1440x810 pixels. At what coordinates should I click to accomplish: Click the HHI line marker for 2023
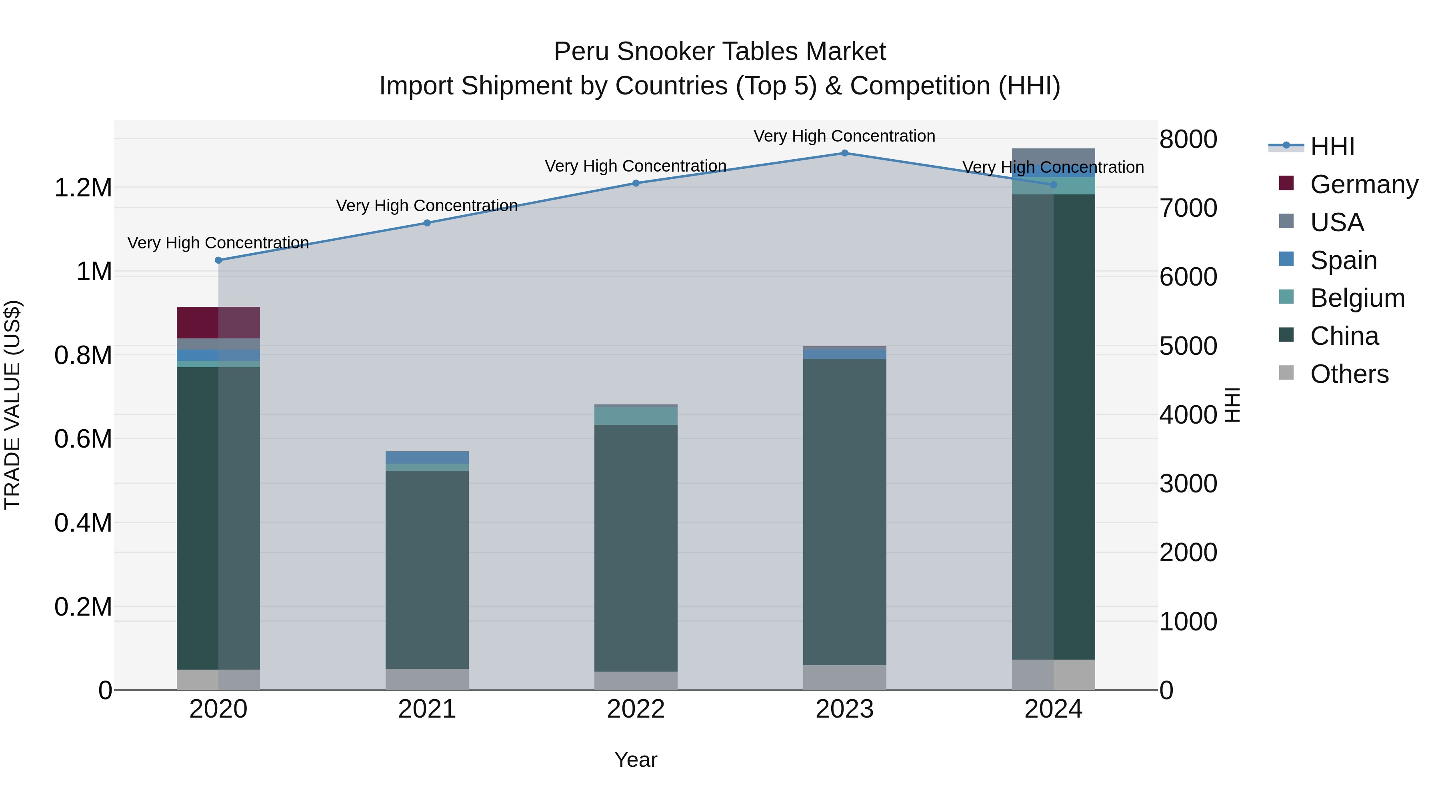[x=845, y=153]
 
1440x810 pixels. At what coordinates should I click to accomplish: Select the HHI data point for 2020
[x=218, y=260]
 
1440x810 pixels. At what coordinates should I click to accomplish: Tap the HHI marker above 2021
[x=427, y=223]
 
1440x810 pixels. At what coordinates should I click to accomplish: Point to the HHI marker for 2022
[x=636, y=183]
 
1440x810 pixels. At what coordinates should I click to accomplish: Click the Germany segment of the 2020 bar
[x=218, y=322]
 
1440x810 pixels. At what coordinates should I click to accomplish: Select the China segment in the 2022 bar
[x=636, y=548]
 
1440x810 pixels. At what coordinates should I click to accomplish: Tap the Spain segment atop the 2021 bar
[x=427, y=457]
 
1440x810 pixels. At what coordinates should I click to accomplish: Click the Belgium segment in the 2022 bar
[x=636, y=415]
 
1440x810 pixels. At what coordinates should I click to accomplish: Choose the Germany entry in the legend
[x=1364, y=184]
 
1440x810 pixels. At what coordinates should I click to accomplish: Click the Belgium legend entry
[x=1357, y=298]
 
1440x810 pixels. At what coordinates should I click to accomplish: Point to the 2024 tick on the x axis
[x=1053, y=709]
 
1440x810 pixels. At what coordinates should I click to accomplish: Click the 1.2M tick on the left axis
[x=83, y=188]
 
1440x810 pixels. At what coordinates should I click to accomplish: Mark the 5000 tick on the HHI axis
[x=1188, y=346]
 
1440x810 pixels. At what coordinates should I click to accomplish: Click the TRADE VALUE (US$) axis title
[x=12, y=405]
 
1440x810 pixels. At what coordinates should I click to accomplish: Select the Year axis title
[x=636, y=760]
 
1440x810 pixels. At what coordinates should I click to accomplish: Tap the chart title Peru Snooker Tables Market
[x=720, y=52]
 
